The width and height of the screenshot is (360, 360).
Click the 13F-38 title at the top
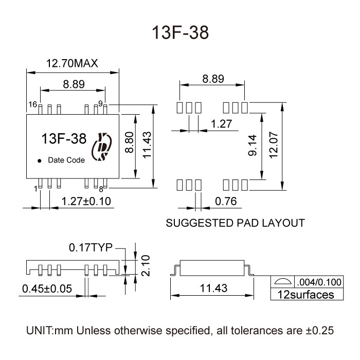point(180,33)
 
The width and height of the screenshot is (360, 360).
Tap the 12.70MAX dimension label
point(72,64)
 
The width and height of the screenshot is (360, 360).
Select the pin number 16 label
point(32,104)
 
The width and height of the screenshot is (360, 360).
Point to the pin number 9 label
point(101,104)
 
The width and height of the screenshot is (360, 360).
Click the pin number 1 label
point(35,189)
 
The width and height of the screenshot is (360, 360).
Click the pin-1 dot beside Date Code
point(40,160)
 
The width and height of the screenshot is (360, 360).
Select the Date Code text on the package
point(66,160)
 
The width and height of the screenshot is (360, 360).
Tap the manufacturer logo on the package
point(100,148)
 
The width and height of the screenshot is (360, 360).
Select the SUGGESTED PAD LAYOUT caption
point(236,224)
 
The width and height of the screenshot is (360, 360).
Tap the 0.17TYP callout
point(91,248)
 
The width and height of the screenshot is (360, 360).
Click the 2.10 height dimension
point(146,265)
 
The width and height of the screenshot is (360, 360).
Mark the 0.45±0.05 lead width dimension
point(47,289)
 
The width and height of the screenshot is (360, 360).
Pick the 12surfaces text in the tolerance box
point(306,295)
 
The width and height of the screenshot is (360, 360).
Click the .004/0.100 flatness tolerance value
point(319,282)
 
